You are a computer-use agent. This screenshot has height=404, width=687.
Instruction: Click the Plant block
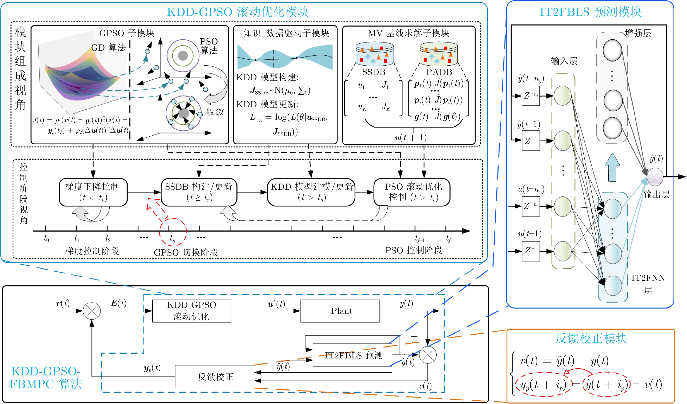pos(340,311)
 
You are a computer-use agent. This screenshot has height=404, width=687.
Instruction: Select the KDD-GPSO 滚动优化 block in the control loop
pos(191,311)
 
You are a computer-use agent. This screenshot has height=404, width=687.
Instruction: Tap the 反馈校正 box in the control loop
pos(215,377)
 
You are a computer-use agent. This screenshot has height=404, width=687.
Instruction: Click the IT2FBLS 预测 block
pos(352,355)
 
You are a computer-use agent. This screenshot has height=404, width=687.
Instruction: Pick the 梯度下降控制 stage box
pos(93,192)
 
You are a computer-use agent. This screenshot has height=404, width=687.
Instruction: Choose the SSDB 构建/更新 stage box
pos(199,192)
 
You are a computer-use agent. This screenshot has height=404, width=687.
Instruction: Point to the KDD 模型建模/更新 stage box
pos(311,192)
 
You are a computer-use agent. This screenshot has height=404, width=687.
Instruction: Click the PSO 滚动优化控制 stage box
pos(412,192)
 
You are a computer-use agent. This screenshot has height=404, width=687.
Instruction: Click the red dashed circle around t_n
pos(173,232)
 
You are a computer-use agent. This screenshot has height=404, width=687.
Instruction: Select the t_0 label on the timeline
pos(46,239)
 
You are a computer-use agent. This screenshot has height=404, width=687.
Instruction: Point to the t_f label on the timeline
pos(448,239)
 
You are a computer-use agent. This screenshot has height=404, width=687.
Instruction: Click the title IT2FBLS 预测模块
pos(591,12)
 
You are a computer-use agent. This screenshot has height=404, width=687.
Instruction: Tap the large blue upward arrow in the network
pos(612,168)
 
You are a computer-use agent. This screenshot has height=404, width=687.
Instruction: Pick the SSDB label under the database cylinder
pos(374,72)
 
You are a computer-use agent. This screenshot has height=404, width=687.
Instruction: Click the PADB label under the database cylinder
pos(439,72)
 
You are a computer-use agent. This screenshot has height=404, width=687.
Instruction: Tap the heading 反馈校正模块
pos(591,339)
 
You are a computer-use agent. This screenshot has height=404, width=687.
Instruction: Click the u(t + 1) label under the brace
pos(411,138)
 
